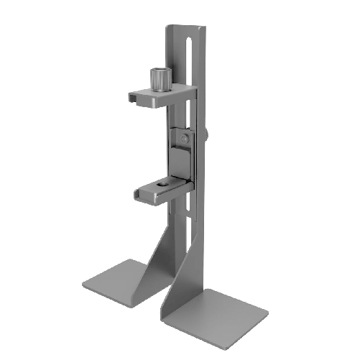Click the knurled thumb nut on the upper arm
click(159, 79)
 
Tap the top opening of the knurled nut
click(159, 71)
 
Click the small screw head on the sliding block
click(187, 136)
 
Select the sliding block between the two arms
click(182, 149)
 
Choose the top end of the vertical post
click(186, 29)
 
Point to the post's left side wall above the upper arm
click(170, 57)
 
